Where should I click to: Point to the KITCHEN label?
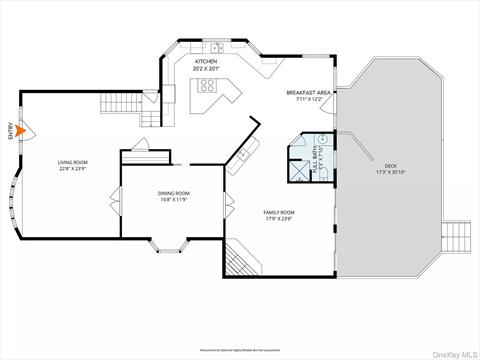click(x=206, y=61)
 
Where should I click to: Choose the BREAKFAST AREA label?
click(x=307, y=93)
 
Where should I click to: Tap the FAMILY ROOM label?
click(x=279, y=211)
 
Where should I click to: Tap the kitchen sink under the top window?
click(x=214, y=48)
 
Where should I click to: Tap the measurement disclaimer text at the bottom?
click(x=240, y=350)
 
